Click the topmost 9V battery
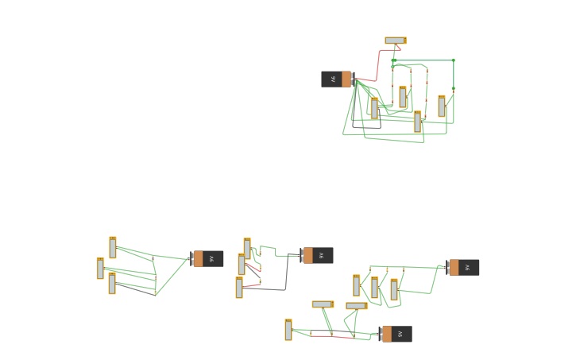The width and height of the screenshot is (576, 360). pyautogui.click(x=336, y=79)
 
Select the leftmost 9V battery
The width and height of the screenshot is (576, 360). pyautogui.click(x=207, y=258)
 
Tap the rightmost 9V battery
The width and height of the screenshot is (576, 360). pyautogui.click(x=463, y=267)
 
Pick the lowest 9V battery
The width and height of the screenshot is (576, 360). pyautogui.click(x=396, y=334)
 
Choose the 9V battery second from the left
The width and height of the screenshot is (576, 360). pyautogui.click(x=317, y=255)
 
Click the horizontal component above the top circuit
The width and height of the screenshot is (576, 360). pyautogui.click(x=395, y=41)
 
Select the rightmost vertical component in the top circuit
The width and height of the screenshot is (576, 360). pyautogui.click(x=442, y=106)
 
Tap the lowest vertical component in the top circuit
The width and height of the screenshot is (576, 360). pyautogui.click(x=417, y=122)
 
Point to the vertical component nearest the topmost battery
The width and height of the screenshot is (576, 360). pyautogui.click(x=374, y=108)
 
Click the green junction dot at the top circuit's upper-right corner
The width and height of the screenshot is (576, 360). pyautogui.click(x=454, y=60)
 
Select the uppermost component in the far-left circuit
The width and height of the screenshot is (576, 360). pyautogui.click(x=113, y=247)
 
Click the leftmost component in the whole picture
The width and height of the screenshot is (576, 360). pyautogui.click(x=100, y=269)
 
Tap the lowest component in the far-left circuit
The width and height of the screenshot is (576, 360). pyautogui.click(x=112, y=283)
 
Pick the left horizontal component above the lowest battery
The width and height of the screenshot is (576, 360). pyautogui.click(x=323, y=304)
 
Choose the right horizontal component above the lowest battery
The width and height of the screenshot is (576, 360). pyautogui.click(x=356, y=306)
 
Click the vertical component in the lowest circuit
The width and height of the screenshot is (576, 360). pyautogui.click(x=288, y=330)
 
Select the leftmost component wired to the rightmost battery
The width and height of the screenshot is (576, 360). pyautogui.click(x=357, y=285)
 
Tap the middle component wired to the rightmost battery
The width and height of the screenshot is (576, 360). pyautogui.click(x=375, y=287)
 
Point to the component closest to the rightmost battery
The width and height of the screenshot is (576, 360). pyautogui.click(x=394, y=290)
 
